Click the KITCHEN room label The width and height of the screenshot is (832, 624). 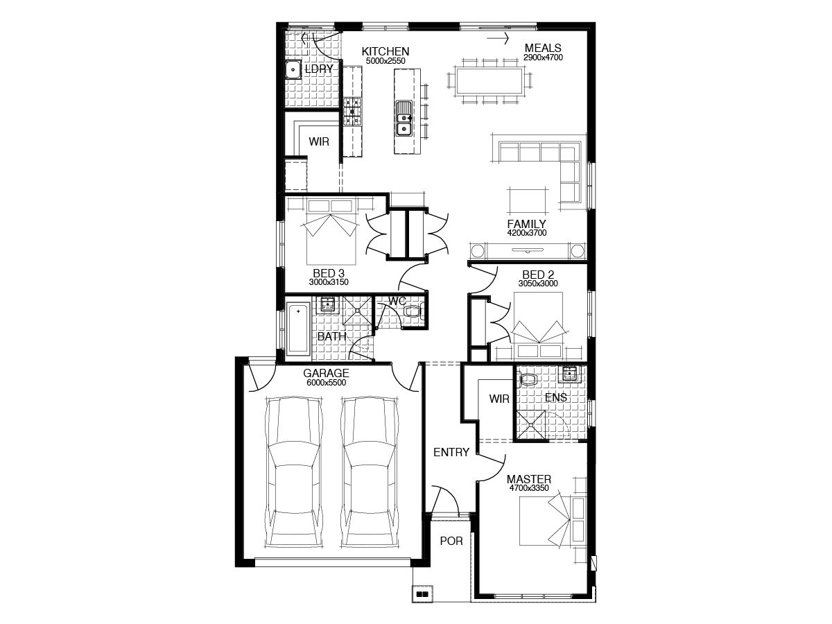[385, 51]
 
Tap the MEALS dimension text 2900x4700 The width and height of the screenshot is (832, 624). [543, 58]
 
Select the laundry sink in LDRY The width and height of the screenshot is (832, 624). [293, 69]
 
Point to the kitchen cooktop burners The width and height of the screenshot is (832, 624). [352, 112]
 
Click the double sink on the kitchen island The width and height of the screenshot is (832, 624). [404, 118]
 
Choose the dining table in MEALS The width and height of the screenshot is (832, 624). [489, 80]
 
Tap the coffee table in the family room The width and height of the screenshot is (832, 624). [528, 200]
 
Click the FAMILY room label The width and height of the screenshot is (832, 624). [526, 224]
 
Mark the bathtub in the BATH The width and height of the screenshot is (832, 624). [298, 329]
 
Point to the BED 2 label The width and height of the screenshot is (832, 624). [538, 275]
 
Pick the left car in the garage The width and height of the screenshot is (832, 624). [295, 472]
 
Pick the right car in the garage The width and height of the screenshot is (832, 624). [370, 472]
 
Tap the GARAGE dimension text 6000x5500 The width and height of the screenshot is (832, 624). [326, 383]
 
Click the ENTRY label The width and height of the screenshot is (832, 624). [451, 452]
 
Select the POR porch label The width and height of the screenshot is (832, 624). [451, 541]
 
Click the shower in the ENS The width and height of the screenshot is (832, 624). [530, 426]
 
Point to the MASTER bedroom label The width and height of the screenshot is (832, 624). [529, 479]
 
